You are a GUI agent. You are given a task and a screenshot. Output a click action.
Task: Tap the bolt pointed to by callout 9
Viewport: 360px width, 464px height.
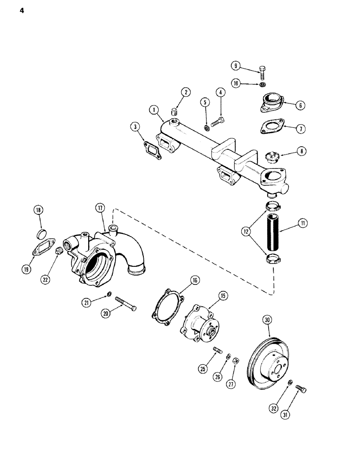point(263,73)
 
